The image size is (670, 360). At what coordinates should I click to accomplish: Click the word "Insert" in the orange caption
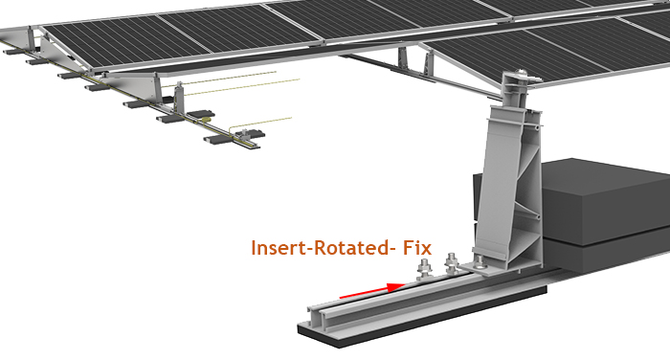click(x=280, y=247)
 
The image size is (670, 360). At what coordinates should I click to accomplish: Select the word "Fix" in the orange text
click(x=415, y=247)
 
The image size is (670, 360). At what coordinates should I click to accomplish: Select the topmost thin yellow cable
click(x=230, y=82)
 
